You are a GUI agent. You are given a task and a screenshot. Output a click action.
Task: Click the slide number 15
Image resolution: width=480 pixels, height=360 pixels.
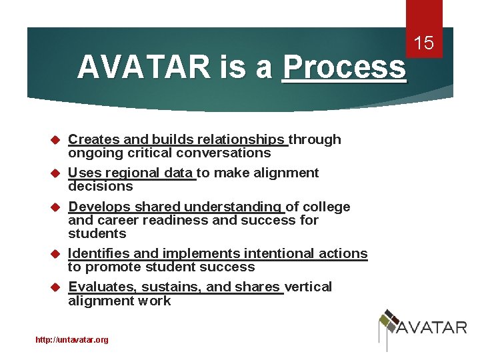[425, 44]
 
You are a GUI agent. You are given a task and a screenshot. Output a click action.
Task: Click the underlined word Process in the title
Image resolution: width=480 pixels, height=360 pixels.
[344, 67]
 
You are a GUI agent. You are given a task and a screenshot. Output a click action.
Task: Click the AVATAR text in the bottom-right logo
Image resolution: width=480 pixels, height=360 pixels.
[432, 327]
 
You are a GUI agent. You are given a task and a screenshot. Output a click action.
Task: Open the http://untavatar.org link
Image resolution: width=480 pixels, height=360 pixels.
[72, 340]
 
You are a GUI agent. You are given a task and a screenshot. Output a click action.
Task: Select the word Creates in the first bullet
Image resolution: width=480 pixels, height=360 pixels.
[94, 139]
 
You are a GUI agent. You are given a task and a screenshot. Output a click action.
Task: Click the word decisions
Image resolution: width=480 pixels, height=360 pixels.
[100, 186]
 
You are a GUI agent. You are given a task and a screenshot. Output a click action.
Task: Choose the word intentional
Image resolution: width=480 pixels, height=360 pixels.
[279, 253]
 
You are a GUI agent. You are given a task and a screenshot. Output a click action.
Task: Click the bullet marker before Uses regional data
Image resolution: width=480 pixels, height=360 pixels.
[56, 173]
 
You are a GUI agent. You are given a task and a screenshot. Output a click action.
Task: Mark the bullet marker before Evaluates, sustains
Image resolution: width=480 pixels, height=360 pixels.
[56, 287]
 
